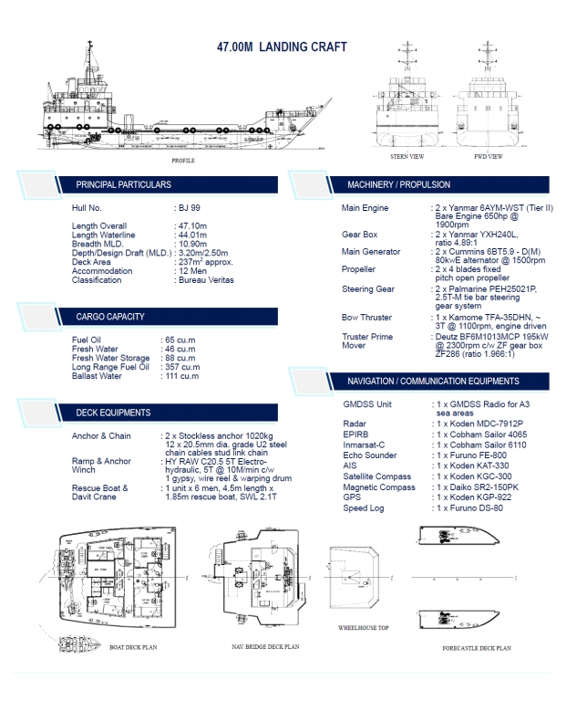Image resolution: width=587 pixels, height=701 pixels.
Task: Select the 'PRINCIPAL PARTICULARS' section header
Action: [x=123, y=184]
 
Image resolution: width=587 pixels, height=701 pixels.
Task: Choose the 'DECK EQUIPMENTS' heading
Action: [x=113, y=413]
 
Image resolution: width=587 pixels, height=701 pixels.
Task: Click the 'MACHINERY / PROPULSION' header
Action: [x=400, y=185]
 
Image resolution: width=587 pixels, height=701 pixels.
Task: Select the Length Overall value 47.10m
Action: [x=191, y=225]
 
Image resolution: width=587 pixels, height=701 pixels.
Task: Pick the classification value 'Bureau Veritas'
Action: [x=206, y=280]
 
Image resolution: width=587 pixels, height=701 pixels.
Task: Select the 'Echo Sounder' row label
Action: [x=369, y=455]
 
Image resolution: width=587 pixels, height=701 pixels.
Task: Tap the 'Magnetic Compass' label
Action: [x=379, y=487]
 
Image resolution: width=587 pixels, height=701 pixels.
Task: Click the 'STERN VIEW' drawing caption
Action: [x=407, y=157]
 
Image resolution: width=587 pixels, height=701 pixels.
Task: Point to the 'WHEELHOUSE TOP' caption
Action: [x=364, y=629]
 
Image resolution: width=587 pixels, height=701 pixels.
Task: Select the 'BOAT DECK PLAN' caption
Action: [x=134, y=647]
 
